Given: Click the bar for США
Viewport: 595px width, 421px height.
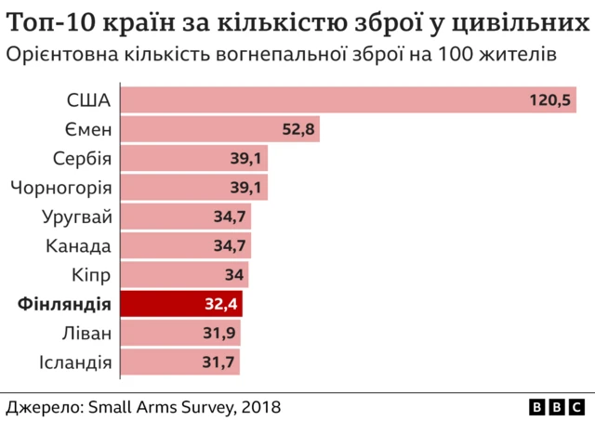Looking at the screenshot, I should click(x=349, y=99).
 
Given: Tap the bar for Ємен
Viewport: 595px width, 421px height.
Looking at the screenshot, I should click(x=220, y=129).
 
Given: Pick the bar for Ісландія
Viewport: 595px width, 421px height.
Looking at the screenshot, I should click(x=180, y=362).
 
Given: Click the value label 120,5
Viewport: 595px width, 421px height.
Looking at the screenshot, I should click(x=549, y=99).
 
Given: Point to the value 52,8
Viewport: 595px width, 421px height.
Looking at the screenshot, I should click(x=298, y=129).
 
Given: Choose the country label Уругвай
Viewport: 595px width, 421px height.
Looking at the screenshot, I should click(x=77, y=217).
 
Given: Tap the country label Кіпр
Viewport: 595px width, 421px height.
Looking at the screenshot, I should click(x=91, y=275).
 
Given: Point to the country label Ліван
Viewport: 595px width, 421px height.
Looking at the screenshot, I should click(x=86, y=334).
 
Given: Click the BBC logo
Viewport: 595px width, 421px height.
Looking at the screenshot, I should click(x=558, y=407).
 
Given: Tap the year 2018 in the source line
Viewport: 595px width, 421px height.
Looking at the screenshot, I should click(x=260, y=407).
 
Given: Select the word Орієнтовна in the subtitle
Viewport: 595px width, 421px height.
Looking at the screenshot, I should click(x=61, y=55).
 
